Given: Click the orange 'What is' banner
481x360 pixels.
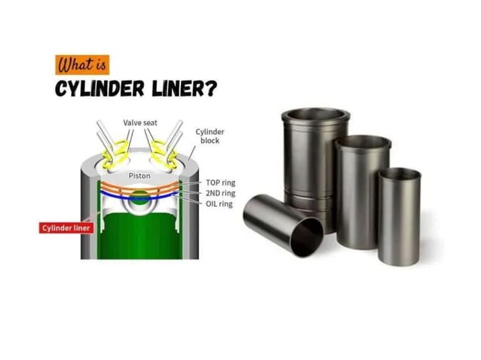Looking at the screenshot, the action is coord(83,61).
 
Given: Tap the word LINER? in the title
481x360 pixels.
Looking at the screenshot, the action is coord(184,90).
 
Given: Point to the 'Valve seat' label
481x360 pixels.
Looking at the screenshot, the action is coord(140,122).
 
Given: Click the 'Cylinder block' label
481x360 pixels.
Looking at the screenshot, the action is coord(209,136).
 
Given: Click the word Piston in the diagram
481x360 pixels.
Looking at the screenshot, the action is coord(139,175).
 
